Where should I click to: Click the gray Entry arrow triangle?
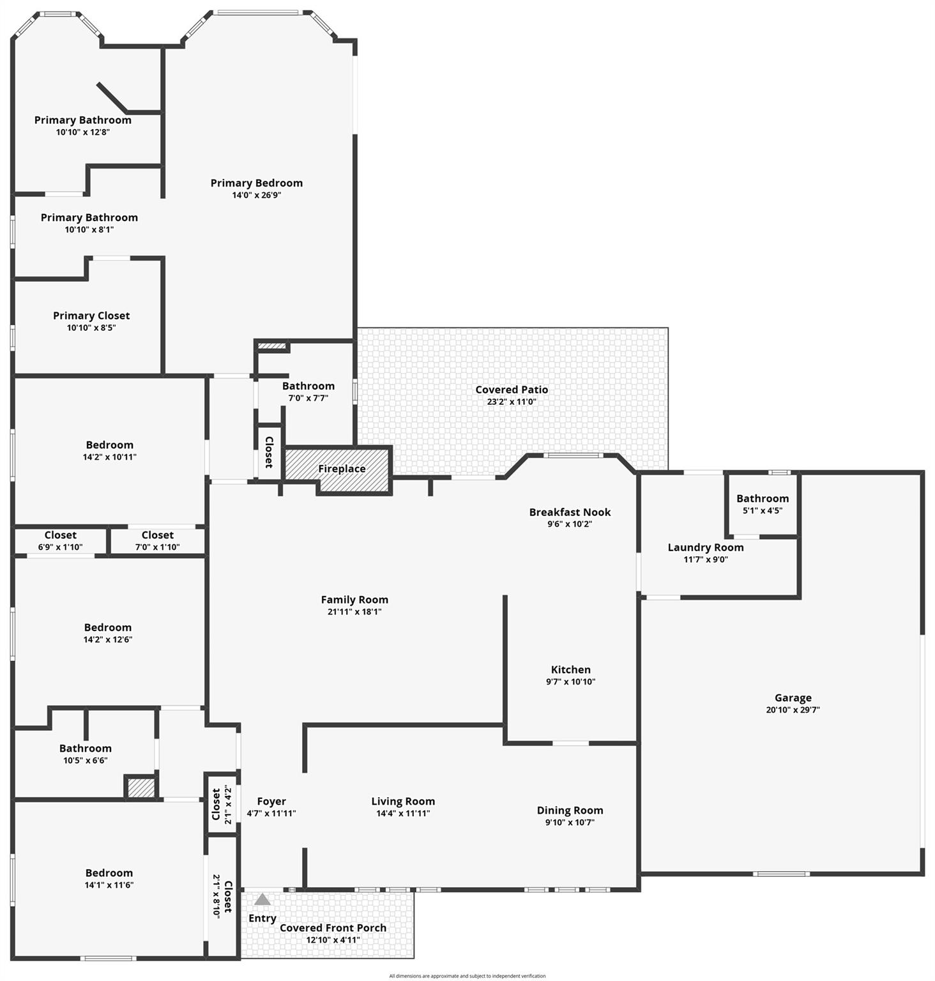coord(262,899)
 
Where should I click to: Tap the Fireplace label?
coord(342,469)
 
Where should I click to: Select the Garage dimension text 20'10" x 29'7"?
coord(793,710)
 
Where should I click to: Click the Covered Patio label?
coord(512,390)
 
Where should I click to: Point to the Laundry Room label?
coord(706,547)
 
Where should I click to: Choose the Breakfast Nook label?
coord(570,512)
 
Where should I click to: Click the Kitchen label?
coord(570,669)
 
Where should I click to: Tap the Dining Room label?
coord(570,810)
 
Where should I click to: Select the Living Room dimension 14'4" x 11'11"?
coord(403,814)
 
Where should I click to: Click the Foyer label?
coord(271,802)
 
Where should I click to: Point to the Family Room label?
coord(354,600)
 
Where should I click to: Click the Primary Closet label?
coord(91,316)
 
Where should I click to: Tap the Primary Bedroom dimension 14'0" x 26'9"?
coord(257,195)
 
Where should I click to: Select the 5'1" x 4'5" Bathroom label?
coord(763,499)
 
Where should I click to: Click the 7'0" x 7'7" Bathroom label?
coord(308,386)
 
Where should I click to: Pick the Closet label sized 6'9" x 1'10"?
coord(60,535)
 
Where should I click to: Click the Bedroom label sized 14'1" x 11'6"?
coord(109,873)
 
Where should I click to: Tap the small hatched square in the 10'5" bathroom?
coord(141,787)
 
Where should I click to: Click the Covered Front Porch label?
coord(333,928)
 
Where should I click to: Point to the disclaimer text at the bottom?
coord(467,976)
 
